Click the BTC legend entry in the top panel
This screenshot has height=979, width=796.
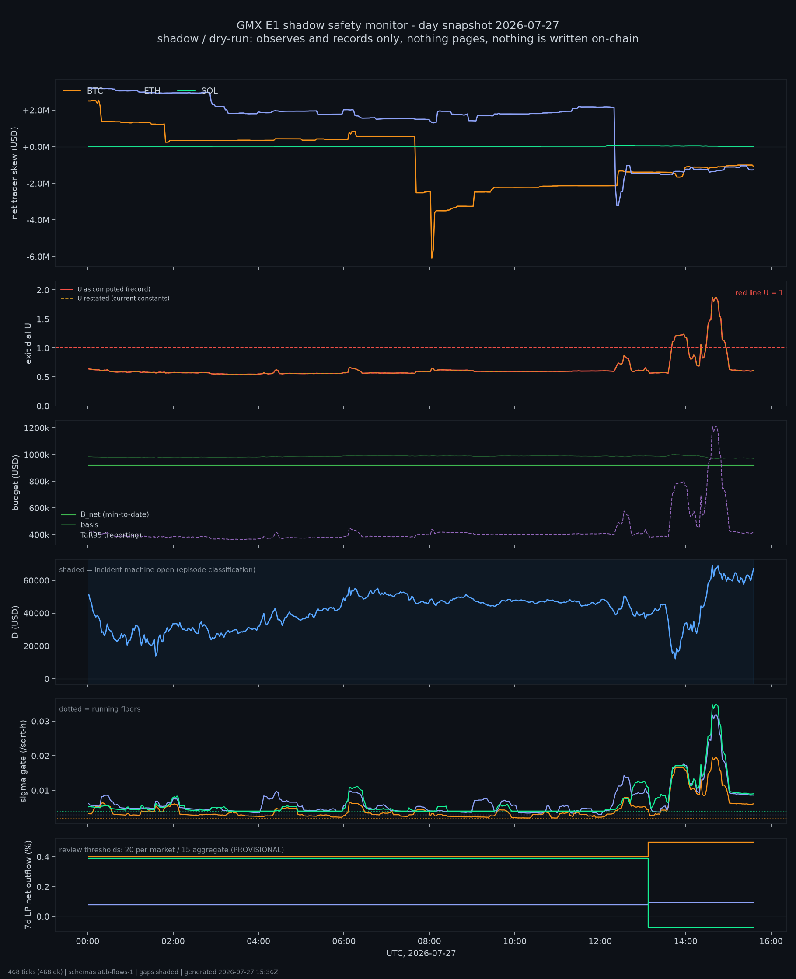[83, 91]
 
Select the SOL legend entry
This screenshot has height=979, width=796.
[198, 91]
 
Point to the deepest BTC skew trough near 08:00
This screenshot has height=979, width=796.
[432, 258]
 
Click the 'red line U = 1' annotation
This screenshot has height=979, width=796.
[759, 293]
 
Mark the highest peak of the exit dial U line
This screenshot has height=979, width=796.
[712, 297]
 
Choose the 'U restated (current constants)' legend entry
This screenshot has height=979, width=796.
[115, 298]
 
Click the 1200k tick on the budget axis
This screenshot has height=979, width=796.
[37, 428]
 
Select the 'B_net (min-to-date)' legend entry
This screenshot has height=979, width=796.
[105, 514]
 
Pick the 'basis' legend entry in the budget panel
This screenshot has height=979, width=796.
[80, 524]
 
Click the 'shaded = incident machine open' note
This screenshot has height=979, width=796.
[157, 569]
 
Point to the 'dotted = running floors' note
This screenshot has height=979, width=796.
[100, 709]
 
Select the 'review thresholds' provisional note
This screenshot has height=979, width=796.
[171, 850]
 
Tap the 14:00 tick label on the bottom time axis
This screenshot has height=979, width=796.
[685, 941]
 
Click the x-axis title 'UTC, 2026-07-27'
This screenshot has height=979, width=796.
[421, 953]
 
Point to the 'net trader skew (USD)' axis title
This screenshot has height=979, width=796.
[14, 173]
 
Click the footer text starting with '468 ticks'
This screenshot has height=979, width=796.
[143, 972]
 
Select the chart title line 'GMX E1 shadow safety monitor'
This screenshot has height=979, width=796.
[398, 25]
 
